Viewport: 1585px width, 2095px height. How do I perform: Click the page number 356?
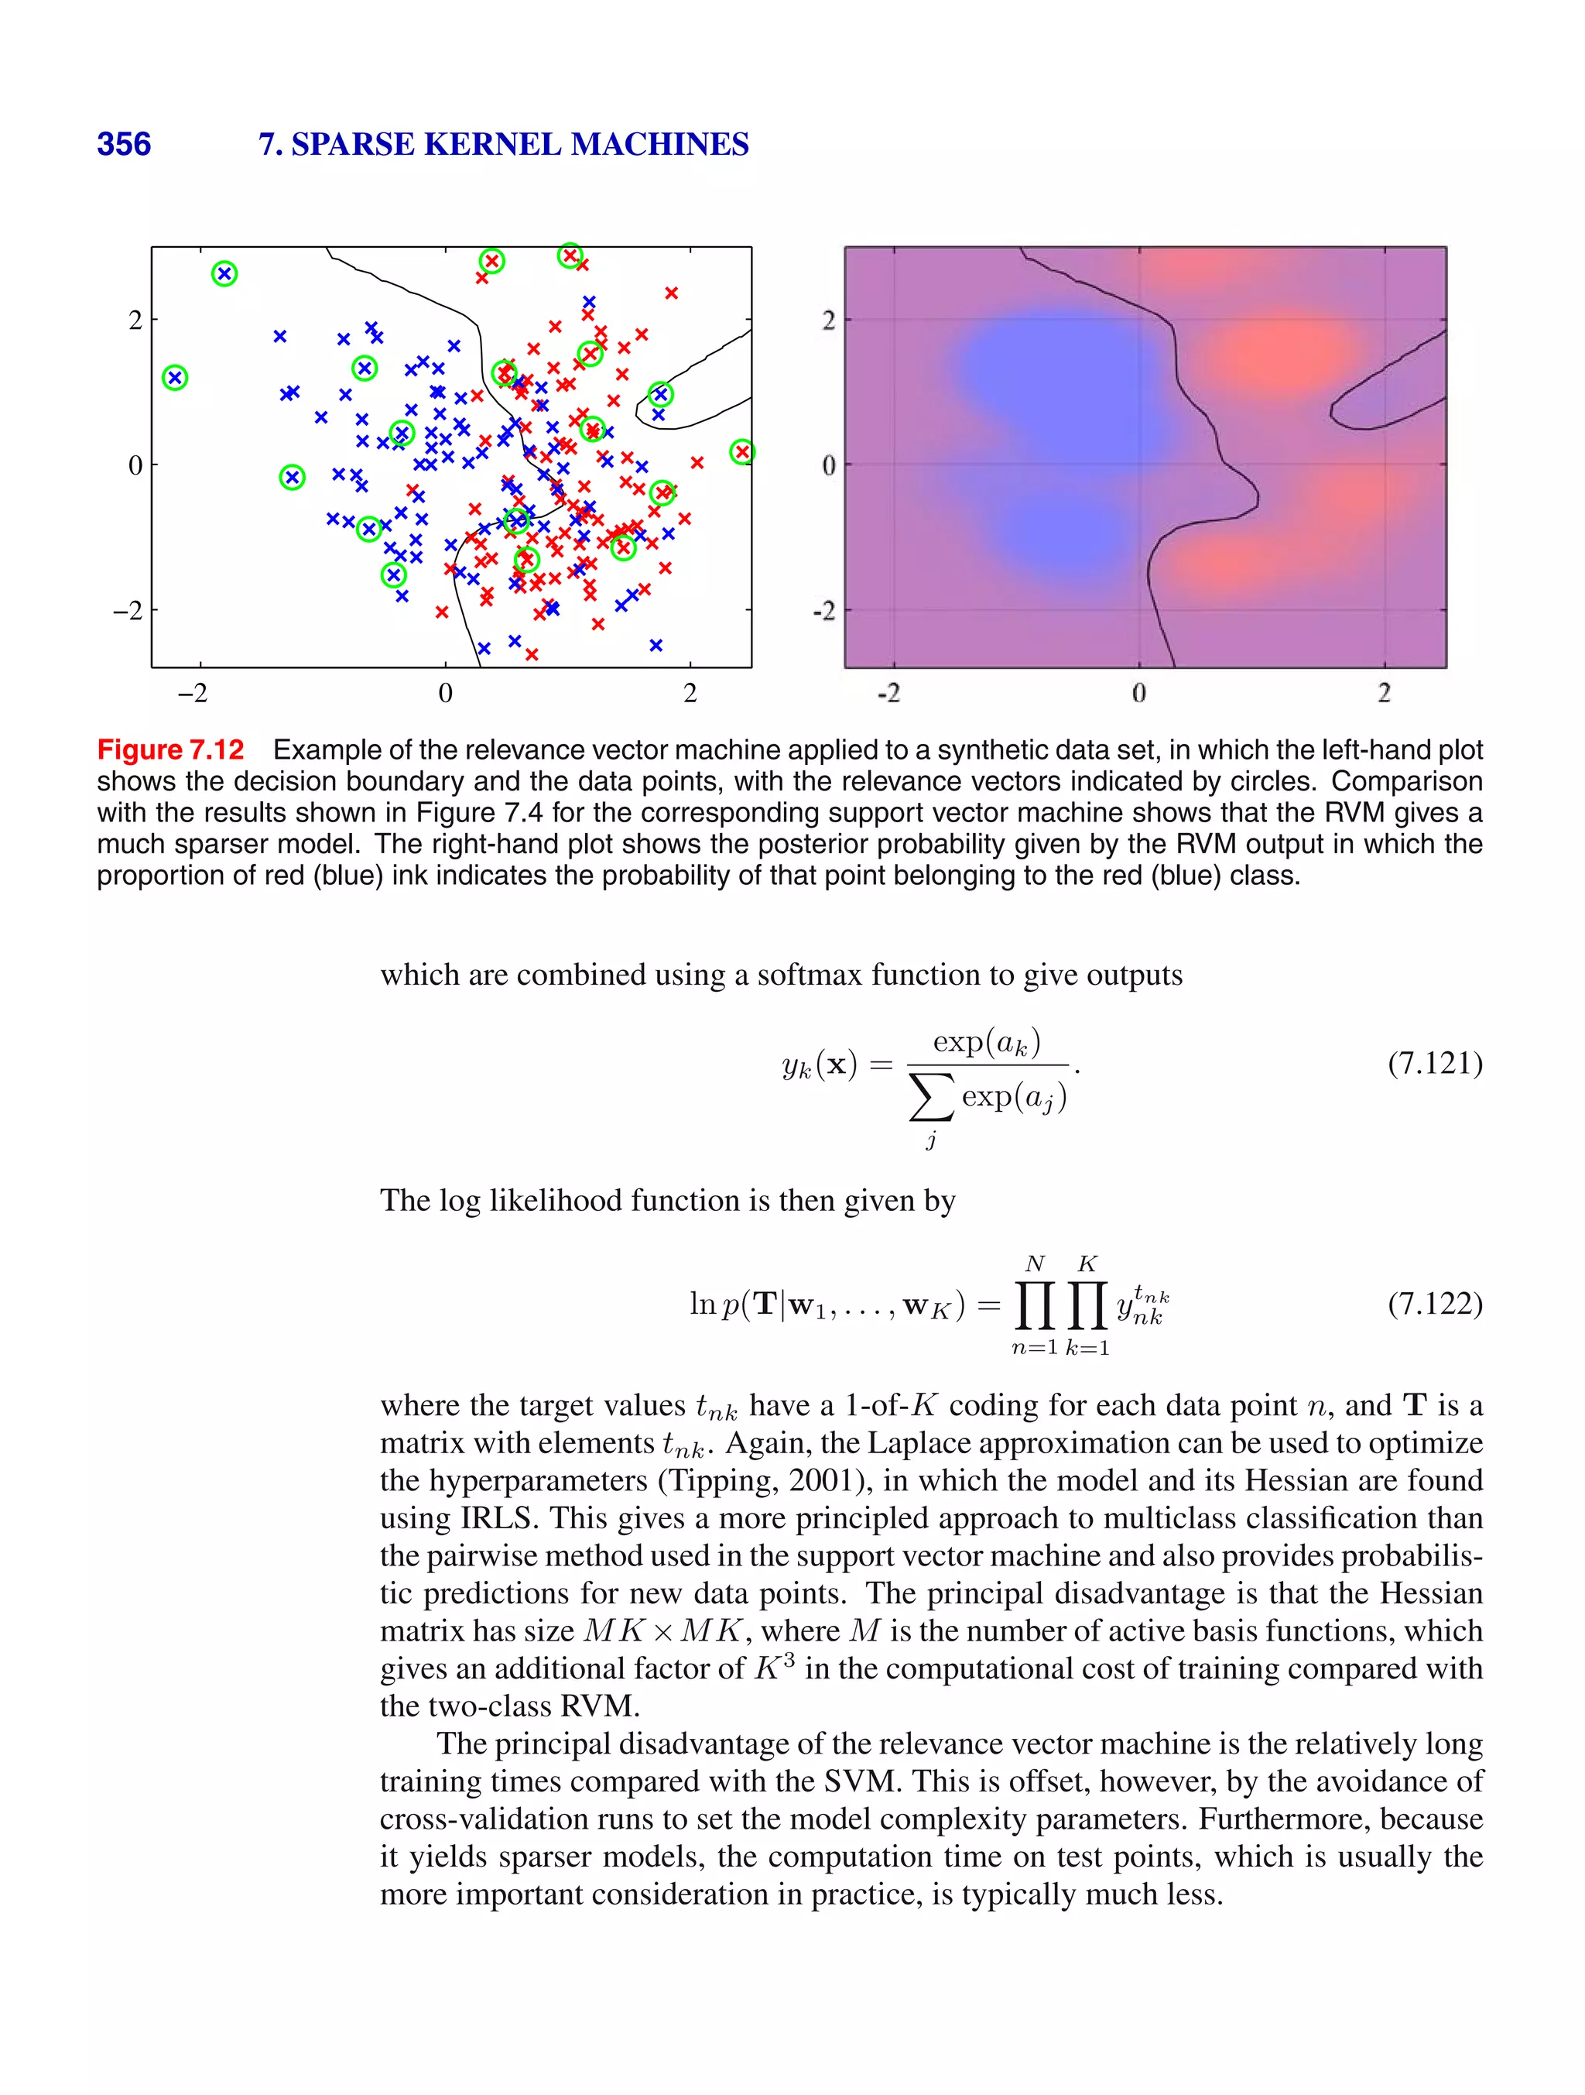pyautogui.click(x=123, y=144)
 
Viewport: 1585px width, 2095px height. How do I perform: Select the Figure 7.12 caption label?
pyautogui.click(x=170, y=750)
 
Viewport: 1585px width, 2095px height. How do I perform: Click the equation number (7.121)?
pyautogui.click(x=1434, y=1064)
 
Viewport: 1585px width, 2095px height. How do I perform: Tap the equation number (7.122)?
pyautogui.click(x=1434, y=1305)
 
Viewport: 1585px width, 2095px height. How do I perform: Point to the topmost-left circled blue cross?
pyautogui.click(x=224, y=274)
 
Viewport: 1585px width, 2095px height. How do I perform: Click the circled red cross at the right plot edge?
pyautogui.click(x=742, y=452)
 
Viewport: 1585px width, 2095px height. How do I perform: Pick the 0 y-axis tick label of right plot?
pyautogui.click(x=828, y=465)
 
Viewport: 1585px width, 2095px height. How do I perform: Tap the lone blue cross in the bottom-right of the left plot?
pyautogui.click(x=656, y=645)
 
